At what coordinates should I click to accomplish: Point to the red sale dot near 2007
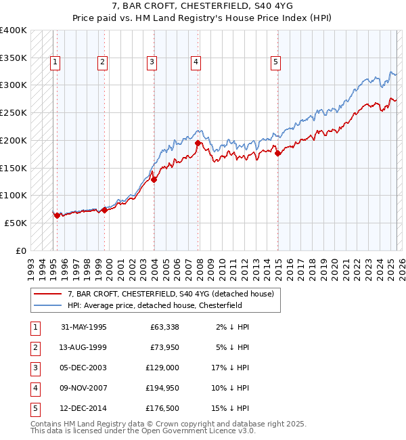198,143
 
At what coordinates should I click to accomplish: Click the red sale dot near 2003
154,179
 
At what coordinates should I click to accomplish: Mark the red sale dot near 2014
278,153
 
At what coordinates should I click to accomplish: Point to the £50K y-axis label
16,223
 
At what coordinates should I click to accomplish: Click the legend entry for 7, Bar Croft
171,294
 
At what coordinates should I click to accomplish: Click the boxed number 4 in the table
35,388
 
